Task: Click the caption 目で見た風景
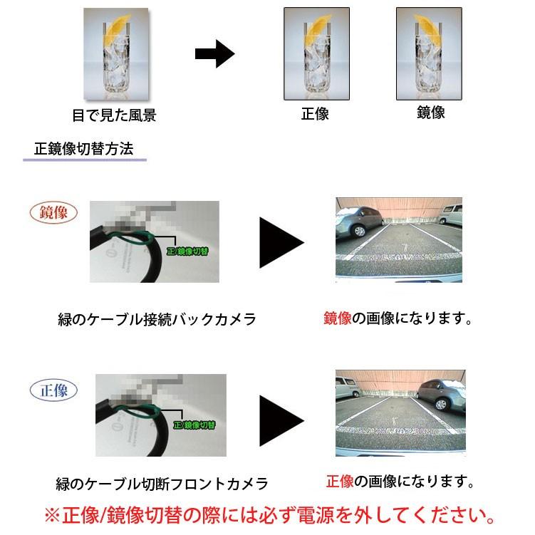[114, 115]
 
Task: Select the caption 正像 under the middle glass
[314, 114]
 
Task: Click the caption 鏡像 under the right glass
[430, 113]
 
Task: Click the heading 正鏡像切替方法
[83, 150]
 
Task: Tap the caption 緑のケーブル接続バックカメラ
[157, 319]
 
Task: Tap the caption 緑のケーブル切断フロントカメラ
[162, 484]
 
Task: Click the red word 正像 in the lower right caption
[340, 482]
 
